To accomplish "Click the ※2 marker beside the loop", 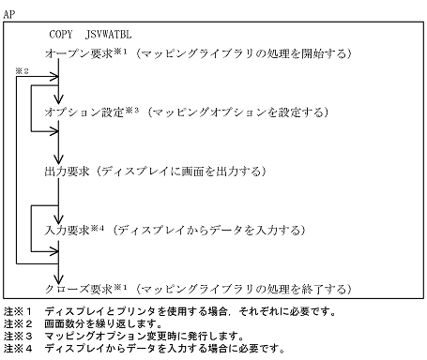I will coord(23,71).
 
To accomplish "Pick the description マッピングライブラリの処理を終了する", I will coord(243,288).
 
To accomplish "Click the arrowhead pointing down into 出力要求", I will coord(59,158).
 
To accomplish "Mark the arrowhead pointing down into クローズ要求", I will coord(59,274).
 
